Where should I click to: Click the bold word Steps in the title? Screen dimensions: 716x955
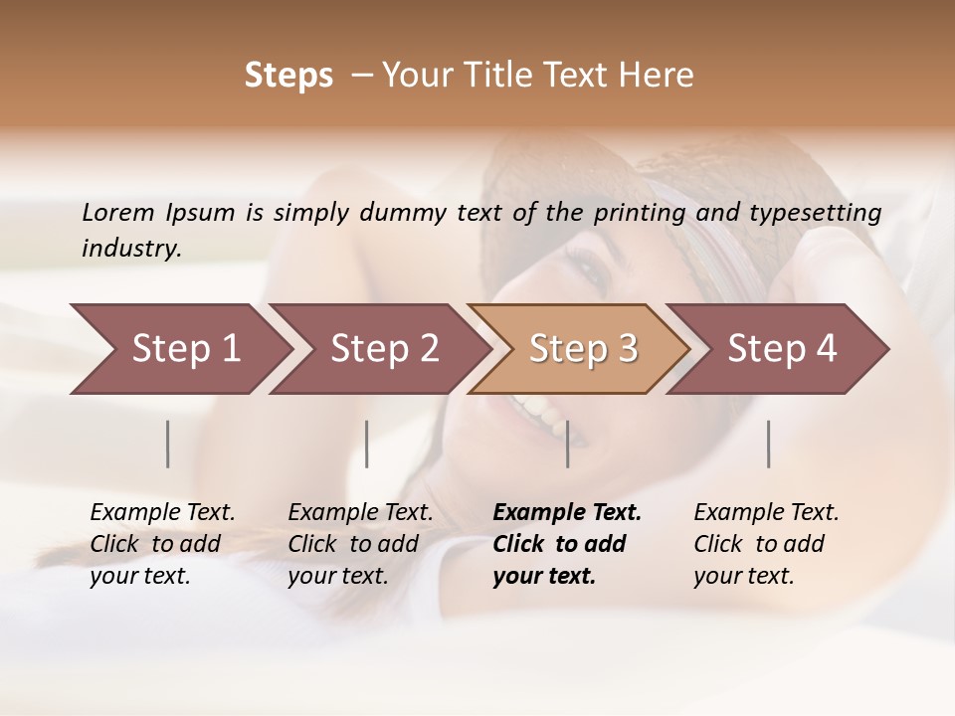[x=288, y=76]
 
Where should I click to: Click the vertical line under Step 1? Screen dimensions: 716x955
[x=168, y=444]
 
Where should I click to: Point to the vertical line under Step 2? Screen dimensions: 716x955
[x=367, y=444]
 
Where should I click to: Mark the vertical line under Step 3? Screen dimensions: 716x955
[x=567, y=444]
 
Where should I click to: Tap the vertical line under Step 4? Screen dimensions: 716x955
[x=769, y=444]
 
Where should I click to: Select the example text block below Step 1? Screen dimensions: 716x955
[x=162, y=544]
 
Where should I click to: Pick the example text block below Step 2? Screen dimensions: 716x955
[x=360, y=544]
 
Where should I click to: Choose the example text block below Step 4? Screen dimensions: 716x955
[x=766, y=544]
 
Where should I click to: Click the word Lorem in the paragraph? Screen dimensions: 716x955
[x=118, y=213]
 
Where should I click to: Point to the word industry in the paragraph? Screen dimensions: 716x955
[x=130, y=249]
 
